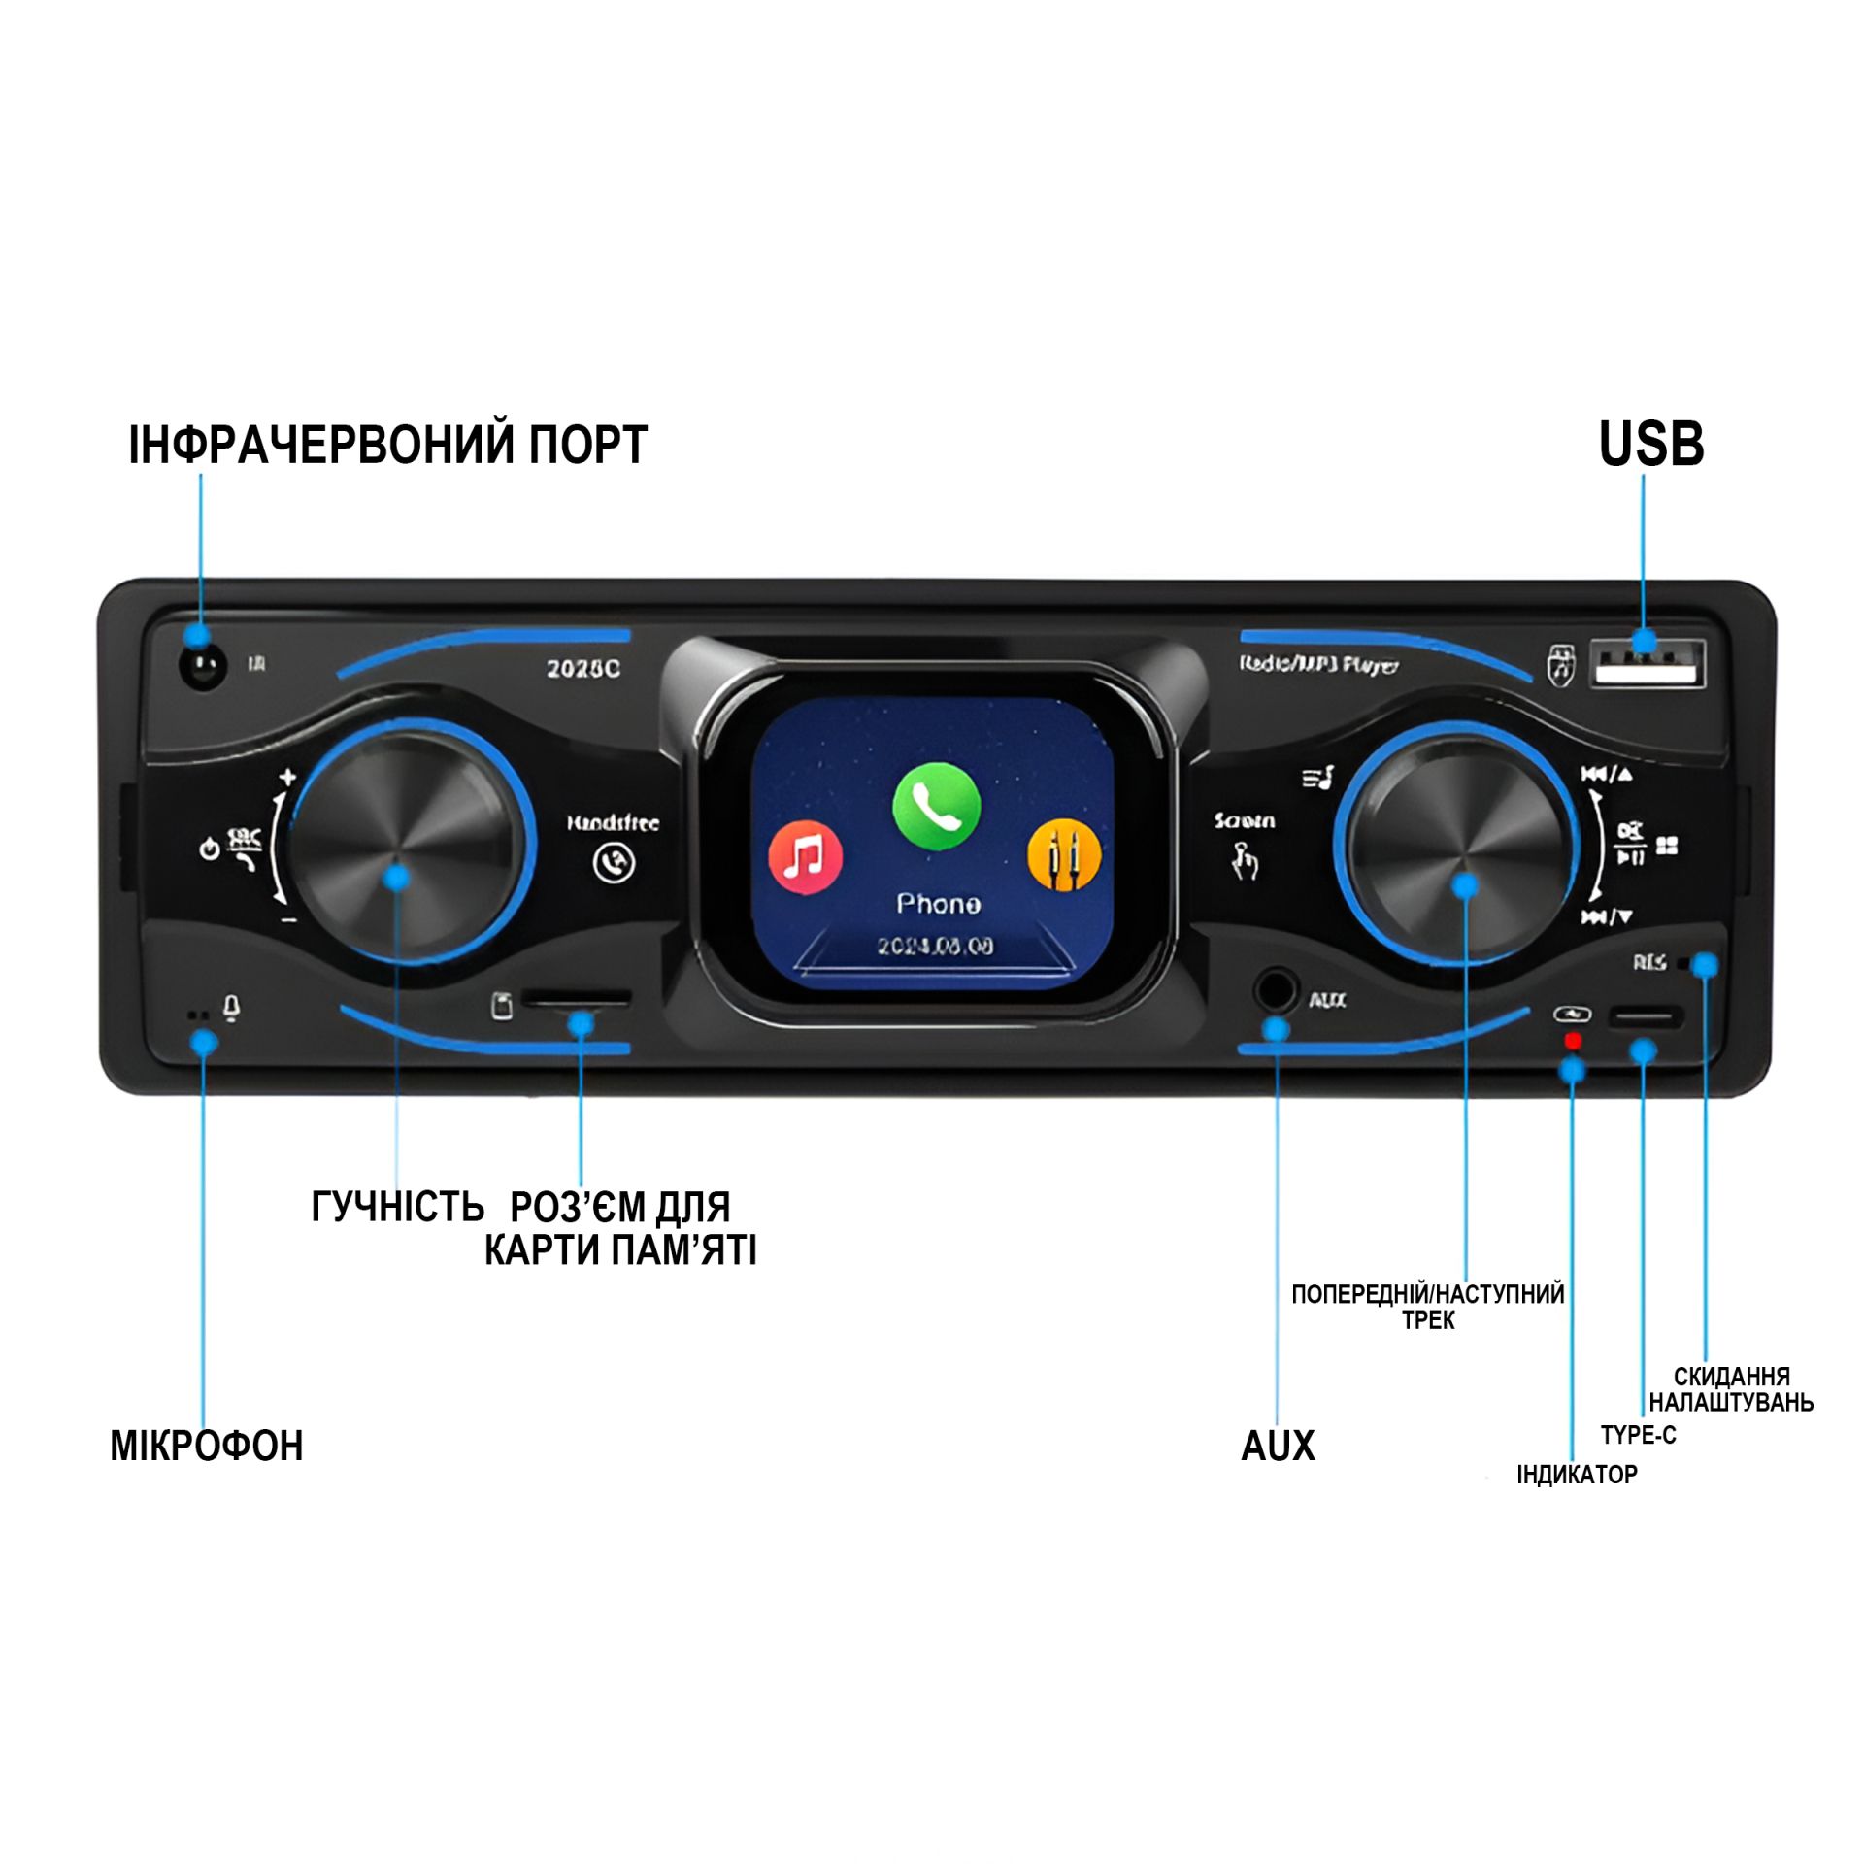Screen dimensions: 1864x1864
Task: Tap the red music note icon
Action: [805, 858]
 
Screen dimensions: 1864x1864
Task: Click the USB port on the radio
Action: [1647, 664]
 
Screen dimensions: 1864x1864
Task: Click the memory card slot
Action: [577, 998]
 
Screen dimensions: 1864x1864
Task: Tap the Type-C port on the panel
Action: [1646, 1017]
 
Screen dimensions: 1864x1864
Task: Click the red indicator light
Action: [1573, 1041]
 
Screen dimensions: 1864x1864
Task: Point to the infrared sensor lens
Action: [203, 666]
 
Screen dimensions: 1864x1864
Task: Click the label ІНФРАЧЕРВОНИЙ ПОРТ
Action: [387, 446]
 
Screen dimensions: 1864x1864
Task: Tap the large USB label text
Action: [1650, 446]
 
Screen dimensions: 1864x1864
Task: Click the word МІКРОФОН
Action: [207, 1447]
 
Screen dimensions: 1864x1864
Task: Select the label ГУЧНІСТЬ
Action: [397, 1207]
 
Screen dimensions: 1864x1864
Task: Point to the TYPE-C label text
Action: [1638, 1435]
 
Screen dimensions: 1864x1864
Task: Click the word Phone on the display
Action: [938, 904]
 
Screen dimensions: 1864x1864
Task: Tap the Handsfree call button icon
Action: [614, 862]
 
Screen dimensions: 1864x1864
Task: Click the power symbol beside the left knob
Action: [209, 850]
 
